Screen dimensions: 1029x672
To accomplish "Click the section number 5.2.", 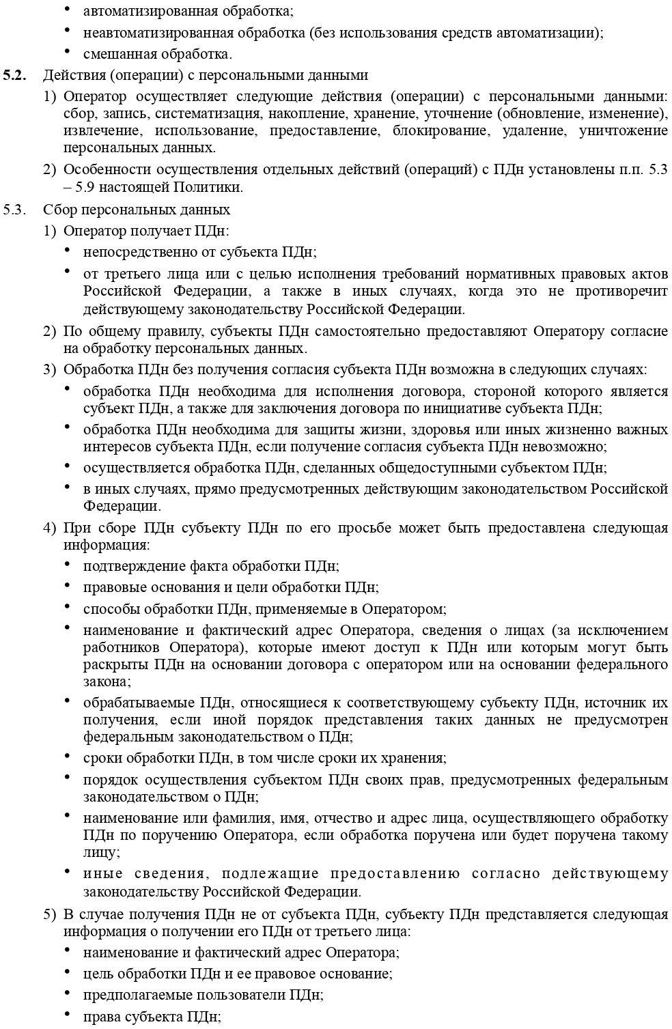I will coord(15,75).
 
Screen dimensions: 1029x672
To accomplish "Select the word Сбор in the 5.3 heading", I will coord(57,209).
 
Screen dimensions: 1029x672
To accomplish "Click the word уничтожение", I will coord(623,130).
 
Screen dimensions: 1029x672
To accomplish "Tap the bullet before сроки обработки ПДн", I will coord(67,756).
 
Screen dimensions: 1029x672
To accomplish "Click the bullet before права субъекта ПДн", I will coord(67,1014).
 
